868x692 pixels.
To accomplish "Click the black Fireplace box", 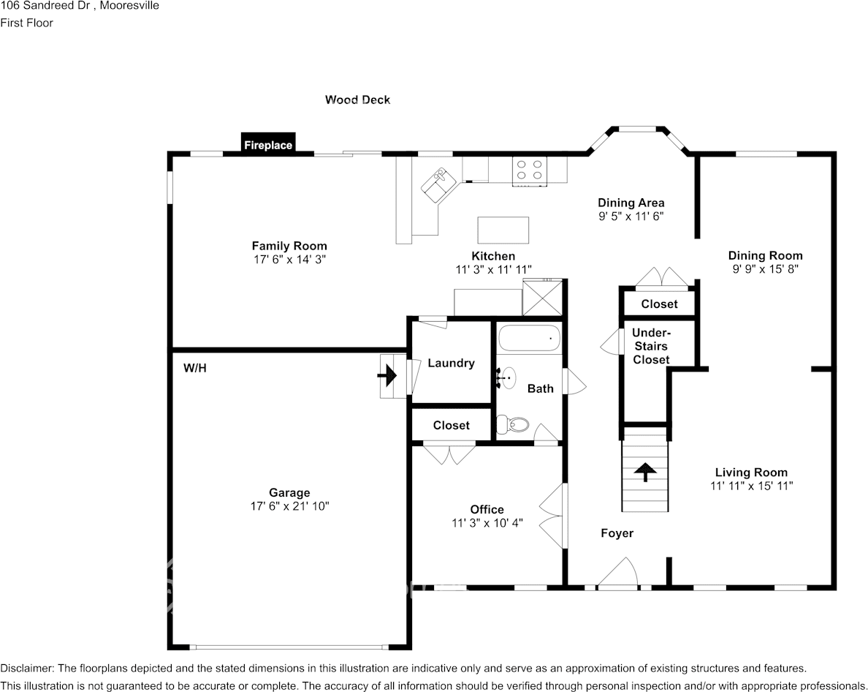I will (x=268, y=143).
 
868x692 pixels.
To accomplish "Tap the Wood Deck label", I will (x=357, y=99).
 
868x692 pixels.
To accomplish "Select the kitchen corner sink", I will (x=440, y=181).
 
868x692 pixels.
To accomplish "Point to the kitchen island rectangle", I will (x=503, y=230).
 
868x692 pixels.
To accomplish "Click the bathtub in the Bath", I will (x=529, y=339).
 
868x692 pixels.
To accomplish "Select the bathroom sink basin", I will (x=507, y=377).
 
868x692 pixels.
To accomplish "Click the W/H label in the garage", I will (x=195, y=368).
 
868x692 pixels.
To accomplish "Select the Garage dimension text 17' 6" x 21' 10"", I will (x=289, y=505).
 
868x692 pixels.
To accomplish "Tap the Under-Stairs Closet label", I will (x=651, y=346).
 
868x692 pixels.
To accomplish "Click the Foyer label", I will (x=617, y=533).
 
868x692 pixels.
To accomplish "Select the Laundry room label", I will (x=451, y=363).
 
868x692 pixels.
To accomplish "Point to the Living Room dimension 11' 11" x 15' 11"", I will (x=751, y=485).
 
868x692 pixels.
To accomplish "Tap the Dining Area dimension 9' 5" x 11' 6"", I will (x=631, y=216).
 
